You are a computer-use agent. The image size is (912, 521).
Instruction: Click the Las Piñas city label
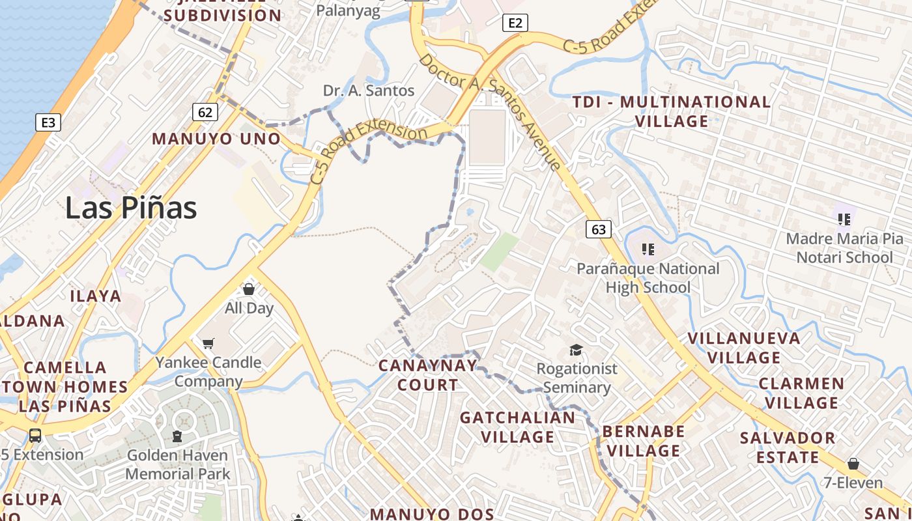[131, 208]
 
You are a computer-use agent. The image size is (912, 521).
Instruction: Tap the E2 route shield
[515, 23]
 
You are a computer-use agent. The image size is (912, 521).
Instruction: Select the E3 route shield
[48, 122]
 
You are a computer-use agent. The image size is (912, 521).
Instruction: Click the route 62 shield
[205, 112]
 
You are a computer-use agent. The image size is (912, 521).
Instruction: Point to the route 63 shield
[599, 229]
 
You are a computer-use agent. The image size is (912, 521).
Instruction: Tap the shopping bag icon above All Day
[248, 289]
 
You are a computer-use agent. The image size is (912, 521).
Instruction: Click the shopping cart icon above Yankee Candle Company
[208, 343]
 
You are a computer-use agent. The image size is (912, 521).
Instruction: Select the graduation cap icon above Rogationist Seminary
[576, 350]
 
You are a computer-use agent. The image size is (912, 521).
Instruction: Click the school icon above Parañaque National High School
[648, 249]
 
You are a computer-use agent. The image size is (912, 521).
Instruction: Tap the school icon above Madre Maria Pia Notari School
[844, 219]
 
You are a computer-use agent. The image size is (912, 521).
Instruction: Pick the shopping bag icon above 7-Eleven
[853, 464]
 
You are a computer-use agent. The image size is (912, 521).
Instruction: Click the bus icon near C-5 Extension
[35, 435]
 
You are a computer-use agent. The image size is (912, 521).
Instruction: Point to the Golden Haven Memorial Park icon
[177, 436]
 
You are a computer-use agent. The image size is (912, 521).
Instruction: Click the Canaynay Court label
[428, 375]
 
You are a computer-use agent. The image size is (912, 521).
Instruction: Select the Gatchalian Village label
[518, 427]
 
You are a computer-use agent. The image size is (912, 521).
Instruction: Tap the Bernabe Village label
[644, 441]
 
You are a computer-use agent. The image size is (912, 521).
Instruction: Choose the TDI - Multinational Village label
[671, 111]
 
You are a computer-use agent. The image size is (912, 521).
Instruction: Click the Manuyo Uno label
[216, 139]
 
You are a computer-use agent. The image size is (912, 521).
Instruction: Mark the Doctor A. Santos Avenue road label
[490, 111]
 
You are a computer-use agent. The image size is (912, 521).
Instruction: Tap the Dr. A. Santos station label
[369, 91]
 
